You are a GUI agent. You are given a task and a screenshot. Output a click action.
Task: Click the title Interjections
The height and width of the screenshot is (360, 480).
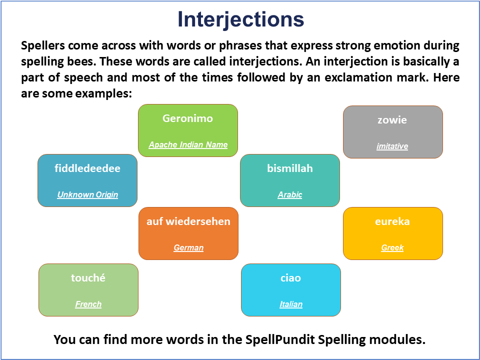(240, 19)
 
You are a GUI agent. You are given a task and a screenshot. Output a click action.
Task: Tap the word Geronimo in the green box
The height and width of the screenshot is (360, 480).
(187, 118)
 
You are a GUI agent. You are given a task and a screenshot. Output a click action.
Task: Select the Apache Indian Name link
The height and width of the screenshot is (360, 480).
(188, 144)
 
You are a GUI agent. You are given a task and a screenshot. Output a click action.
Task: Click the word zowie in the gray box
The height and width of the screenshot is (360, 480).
(392, 120)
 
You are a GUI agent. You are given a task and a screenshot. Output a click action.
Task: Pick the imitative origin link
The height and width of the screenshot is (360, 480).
(392, 146)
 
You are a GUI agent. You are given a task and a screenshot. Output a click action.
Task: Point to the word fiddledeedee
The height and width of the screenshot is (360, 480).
(87, 168)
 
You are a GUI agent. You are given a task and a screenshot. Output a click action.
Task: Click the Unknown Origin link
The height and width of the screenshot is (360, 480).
(87, 194)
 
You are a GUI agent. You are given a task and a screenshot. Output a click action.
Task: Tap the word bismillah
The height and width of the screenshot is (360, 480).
(290, 168)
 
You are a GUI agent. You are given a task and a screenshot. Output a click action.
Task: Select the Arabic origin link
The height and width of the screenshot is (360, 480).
(290, 194)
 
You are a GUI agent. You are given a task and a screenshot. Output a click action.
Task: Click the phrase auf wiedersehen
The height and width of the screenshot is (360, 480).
(188, 221)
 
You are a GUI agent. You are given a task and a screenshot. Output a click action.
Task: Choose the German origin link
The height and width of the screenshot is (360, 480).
(188, 247)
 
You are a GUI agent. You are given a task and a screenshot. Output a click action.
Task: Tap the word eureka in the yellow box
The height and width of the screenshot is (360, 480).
(392, 221)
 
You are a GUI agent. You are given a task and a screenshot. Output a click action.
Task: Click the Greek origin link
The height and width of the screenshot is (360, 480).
(392, 247)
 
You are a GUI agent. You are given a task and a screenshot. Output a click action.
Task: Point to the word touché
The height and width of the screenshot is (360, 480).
(88, 277)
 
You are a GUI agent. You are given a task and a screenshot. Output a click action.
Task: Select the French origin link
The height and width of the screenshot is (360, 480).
(88, 304)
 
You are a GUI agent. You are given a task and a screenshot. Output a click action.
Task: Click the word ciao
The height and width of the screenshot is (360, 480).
(291, 278)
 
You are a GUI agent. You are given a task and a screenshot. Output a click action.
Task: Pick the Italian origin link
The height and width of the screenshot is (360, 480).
(291, 304)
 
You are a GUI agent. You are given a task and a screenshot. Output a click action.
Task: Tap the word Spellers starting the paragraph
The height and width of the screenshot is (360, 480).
(43, 45)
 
